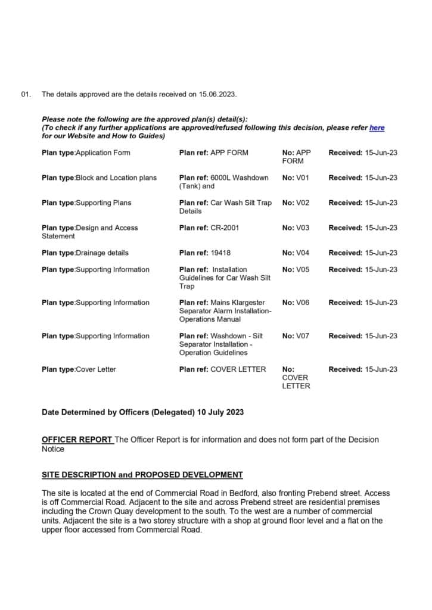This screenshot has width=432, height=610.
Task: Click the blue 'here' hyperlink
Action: (x=377, y=127)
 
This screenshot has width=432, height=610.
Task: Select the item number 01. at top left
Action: (x=26, y=94)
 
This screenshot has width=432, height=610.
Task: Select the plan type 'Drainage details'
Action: (x=102, y=253)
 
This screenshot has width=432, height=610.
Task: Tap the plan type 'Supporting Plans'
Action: (x=103, y=203)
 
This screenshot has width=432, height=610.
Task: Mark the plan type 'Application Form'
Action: (x=102, y=152)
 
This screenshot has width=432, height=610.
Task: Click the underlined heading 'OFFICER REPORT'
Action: (x=77, y=440)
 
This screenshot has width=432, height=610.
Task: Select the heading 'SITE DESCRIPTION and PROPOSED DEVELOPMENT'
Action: (x=142, y=475)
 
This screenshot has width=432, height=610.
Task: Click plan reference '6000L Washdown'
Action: (x=240, y=178)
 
